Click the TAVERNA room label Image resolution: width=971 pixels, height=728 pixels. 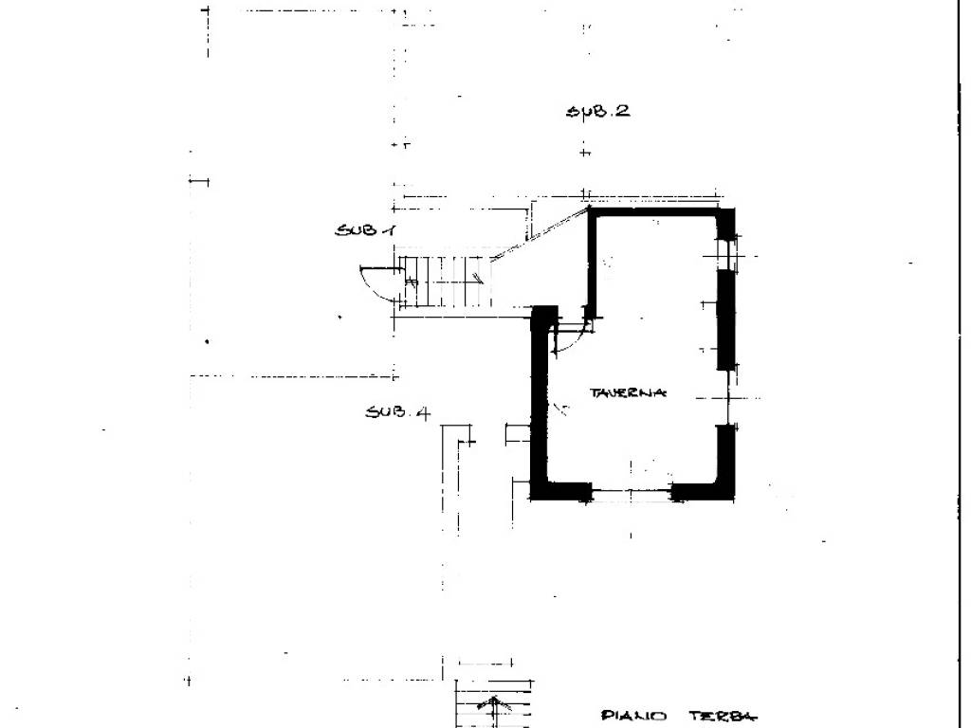pyautogui.click(x=629, y=392)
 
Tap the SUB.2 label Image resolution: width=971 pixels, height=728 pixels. pyautogui.click(x=597, y=111)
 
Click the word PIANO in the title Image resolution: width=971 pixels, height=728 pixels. pyautogui.click(x=635, y=717)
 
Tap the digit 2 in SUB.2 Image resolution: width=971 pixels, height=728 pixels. pyautogui.click(x=621, y=110)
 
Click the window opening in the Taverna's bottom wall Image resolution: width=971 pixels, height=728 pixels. pyautogui.click(x=632, y=490)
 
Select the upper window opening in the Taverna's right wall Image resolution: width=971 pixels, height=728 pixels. pyautogui.click(x=726, y=254)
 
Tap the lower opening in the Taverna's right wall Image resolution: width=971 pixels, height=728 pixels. pyautogui.click(x=726, y=396)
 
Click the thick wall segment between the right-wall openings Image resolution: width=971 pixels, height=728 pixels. pyautogui.click(x=726, y=319)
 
